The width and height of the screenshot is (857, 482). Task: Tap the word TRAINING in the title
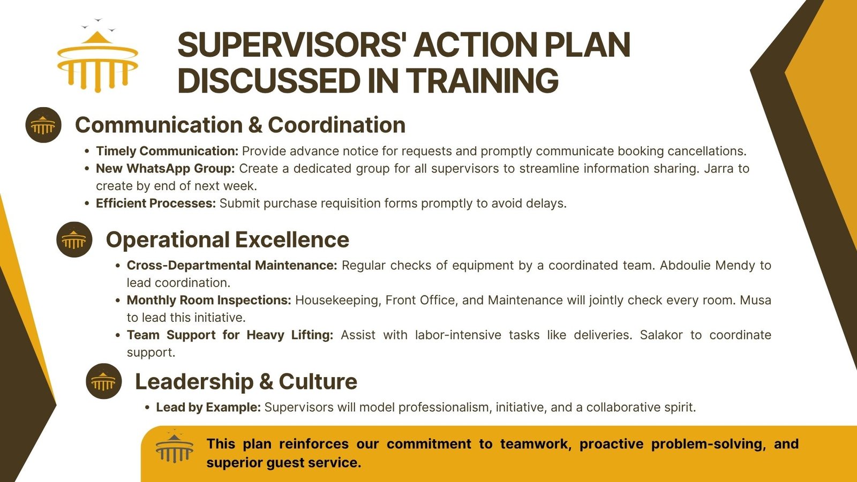coord(482,81)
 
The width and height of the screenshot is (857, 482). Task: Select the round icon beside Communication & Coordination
coord(43,125)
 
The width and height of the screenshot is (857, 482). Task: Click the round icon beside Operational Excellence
coord(74,239)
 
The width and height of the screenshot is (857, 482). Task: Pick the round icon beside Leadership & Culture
coord(104,381)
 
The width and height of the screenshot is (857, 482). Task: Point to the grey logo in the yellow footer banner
coord(175,446)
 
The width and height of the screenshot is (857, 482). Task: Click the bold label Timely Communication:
coord(167,151)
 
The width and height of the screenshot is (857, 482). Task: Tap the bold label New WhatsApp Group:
coord(166,168)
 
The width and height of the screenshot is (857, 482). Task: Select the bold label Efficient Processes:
coord(156,203)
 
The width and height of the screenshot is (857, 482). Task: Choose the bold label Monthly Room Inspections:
coord(209,300)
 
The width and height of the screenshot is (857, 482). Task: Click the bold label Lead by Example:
coord(208,407)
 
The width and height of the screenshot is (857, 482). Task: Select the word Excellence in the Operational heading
coord(292,240)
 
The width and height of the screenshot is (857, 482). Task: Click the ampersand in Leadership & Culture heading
coord(266,381)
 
